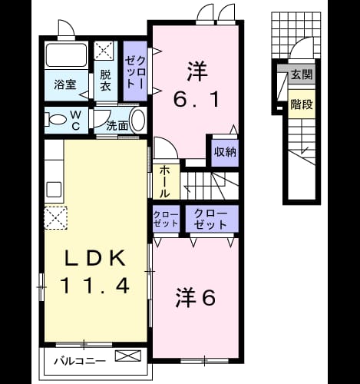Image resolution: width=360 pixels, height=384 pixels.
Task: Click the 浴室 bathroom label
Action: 65,84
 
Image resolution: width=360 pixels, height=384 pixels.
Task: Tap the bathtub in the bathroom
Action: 66,55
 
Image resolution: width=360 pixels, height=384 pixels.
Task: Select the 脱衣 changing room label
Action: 105,81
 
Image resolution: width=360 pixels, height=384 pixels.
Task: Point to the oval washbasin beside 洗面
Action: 138,121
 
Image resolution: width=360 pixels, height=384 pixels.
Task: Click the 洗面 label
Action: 117,126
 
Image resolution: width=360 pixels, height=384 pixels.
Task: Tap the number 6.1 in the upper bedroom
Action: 197,100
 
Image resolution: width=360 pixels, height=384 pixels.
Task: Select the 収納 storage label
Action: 225,152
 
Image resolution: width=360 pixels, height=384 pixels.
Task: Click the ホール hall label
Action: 164,181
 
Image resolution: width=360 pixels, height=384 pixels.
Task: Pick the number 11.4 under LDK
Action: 94,286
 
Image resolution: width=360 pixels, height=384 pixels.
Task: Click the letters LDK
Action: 95,258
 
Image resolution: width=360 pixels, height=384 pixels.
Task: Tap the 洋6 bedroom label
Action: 196,298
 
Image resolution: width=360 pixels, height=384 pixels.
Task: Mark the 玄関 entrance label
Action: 302,75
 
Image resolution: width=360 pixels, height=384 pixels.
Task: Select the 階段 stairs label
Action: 302,104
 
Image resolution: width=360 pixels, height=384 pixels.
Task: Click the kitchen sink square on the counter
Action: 54,190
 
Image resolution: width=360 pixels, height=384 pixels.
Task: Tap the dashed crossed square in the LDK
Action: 56,217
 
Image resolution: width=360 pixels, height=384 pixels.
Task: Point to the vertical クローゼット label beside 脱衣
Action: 136,72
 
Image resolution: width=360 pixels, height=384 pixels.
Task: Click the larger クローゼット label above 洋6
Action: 210,219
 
